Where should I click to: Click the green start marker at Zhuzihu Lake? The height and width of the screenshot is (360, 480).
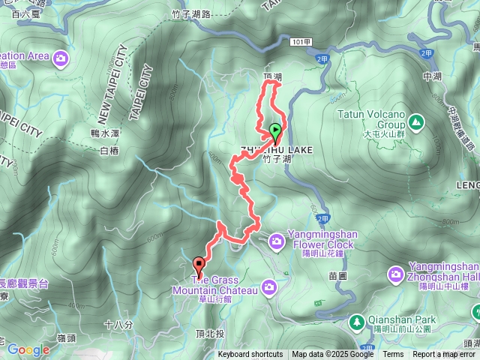(x=274, y=130)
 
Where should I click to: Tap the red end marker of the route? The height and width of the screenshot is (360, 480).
(x=199, y=264)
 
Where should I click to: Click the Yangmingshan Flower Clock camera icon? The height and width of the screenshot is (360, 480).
(x=277, y=240)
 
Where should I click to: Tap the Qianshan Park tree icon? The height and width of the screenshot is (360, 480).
(x=358, y=320)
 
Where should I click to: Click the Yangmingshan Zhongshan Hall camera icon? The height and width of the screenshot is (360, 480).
(x=396, y=276)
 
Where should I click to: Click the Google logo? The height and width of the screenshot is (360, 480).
(x=28, y=349)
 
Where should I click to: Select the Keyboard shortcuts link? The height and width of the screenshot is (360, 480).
(x=250, y=355)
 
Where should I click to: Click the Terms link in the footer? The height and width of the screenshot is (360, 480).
(x=393, y=355)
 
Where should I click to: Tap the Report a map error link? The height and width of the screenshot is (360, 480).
(x=444, y=355)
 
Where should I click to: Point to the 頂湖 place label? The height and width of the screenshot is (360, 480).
(x=273, y=76)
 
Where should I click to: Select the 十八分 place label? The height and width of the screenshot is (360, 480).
(x=118, y=325)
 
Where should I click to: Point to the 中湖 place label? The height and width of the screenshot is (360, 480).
(x=433, y=76)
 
